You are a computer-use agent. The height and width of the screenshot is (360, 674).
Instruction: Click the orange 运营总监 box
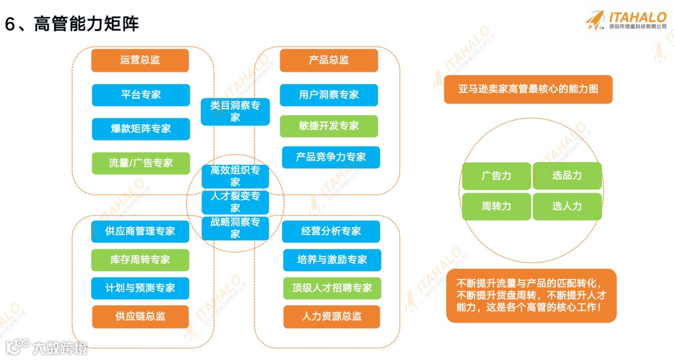(140, 61)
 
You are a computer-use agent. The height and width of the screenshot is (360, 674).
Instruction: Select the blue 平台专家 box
(140, 95)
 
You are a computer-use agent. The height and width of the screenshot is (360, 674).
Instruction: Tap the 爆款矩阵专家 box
(140, 129)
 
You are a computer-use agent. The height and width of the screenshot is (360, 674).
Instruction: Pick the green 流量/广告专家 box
(140, 163)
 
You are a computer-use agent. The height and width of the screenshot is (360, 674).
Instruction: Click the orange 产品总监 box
(329, 61)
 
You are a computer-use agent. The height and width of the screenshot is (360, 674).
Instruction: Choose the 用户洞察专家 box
(329, 95)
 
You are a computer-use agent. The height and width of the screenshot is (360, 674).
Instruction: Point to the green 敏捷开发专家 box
(329, 126)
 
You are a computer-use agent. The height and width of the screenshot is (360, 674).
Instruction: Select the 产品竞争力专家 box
(331, 157)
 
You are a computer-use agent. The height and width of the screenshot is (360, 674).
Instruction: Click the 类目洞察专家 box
(235, 112)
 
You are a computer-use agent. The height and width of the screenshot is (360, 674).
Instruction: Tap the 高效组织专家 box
(235, 176)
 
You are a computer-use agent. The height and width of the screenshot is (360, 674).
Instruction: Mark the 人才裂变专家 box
(235, 202)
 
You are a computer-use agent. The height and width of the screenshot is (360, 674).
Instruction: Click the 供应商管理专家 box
(140, 231)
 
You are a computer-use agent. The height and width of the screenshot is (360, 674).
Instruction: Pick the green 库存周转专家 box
(140, 260)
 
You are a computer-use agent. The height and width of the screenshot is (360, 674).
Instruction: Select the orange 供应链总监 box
(140, 316)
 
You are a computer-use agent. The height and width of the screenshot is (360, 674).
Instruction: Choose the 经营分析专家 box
(331, 231)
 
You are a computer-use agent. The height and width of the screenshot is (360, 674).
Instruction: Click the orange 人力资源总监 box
(331, 316)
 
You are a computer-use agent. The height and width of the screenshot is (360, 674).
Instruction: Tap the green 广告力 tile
(496, 176)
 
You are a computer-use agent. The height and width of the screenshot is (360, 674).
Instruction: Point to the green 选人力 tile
(567, 206)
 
